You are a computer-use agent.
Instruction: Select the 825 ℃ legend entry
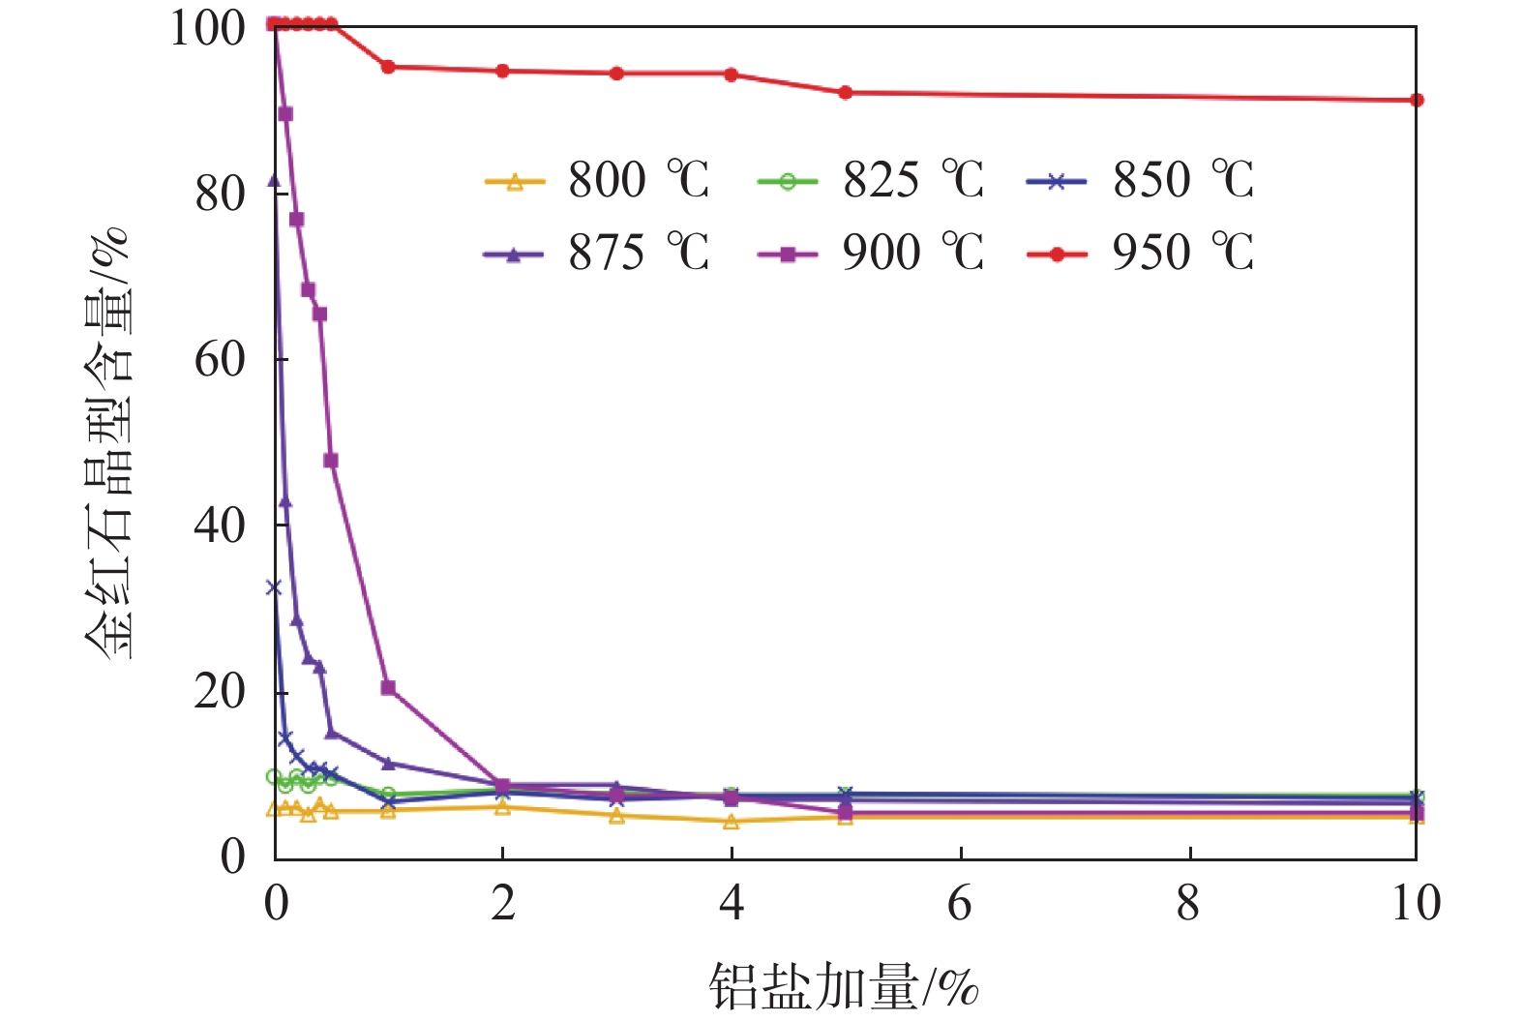(871, 180)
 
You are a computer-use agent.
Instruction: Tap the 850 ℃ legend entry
(1141, 180)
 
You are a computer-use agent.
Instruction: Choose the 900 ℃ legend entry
(871, 254)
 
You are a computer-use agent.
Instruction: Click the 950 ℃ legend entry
(1141, 254)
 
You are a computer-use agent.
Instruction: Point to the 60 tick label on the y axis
(219, 360)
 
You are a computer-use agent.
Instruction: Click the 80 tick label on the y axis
(219, 194)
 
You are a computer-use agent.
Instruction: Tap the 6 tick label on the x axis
(960, 903)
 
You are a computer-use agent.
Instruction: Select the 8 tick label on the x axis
(1188, 903)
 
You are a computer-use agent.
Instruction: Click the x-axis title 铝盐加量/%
(843, 987)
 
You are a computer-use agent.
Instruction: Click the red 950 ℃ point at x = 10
(1417, 100)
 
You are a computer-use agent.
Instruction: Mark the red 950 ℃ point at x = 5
(845, 93)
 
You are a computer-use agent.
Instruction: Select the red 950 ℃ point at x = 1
(388, 67)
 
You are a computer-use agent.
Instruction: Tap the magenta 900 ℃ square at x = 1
(388, 688)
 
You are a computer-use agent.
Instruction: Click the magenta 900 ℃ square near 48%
(331, 461)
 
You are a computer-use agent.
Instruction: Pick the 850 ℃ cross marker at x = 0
(274, 587)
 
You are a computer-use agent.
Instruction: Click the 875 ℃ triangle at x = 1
(388, 764)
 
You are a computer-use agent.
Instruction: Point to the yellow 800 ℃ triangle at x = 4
(732, 822)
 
